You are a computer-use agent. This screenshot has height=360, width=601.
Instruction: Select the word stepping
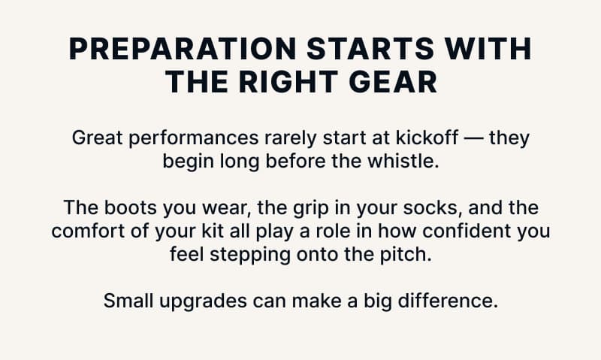pos(243,253)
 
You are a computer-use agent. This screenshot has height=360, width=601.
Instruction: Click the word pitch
pos(410,253)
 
